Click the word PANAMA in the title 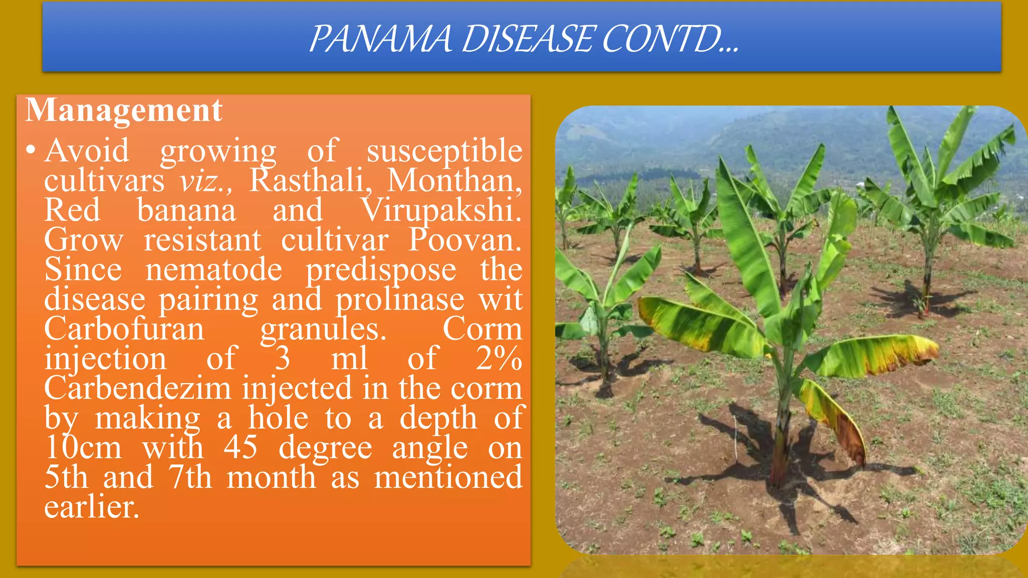380,39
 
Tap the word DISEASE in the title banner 527,39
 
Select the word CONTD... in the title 671,39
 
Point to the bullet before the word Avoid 31,150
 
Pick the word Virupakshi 441,211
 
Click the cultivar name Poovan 465,239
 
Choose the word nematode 214,269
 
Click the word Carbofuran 124,329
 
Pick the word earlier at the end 91,507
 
